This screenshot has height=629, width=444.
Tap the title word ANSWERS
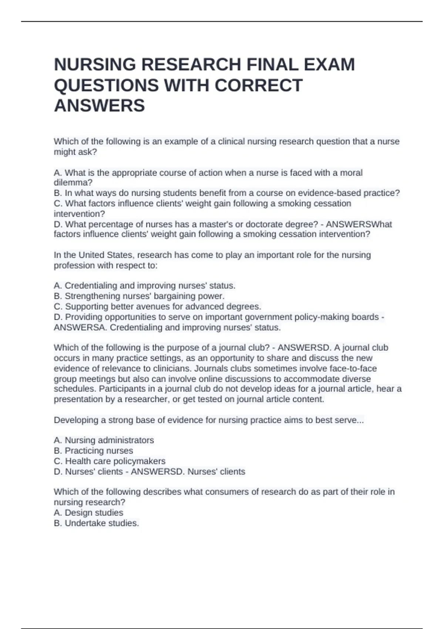[100, 106]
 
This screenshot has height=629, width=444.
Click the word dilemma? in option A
[73, 183]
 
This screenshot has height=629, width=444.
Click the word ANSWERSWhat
[359, 224]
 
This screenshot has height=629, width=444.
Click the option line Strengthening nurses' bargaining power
[139, 296]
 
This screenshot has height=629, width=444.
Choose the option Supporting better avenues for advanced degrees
[158, 306]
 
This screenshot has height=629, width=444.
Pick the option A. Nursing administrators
[104, 440]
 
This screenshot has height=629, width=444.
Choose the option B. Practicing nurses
[94, 451]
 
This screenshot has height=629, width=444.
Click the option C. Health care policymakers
[110, 461]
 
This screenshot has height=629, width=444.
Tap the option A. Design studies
[88, 513]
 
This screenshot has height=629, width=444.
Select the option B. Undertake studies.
[96, 523]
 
